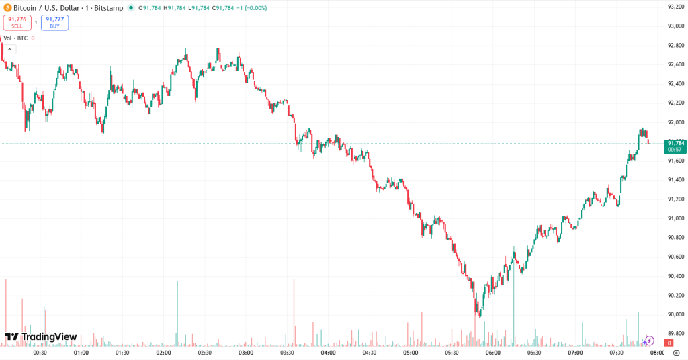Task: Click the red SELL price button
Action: click(x=17, y=22)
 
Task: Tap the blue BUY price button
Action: click(x=54, y=22)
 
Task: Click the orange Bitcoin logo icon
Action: click(x=7, y=8)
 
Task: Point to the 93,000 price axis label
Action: click(x=675, y=26)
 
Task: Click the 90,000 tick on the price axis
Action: click(x=675, y=314)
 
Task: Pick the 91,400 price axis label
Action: click(x=675, y=180)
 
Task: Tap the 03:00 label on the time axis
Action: click(x=246, y=353)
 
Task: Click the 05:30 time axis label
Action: click(x=451, y=353)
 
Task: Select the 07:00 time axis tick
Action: click(x=575, y=353)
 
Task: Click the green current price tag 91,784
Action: click(x=675, y=146)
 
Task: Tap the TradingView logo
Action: click(x=40, y=336)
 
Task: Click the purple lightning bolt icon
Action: click(x=649, y=341)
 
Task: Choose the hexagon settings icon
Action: click(x=676, y=353)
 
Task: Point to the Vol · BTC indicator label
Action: click(x=16, y=38)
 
